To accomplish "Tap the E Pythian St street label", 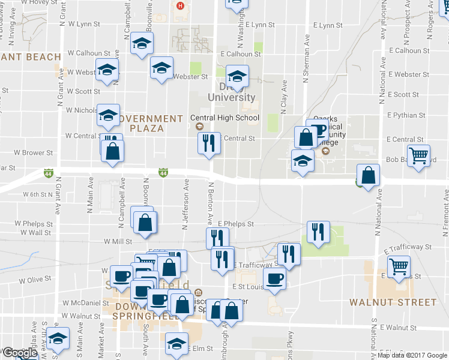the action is (406, 115).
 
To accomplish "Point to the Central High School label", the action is (224, 118).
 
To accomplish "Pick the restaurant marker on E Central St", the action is (209, 143).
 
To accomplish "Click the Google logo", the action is (19, 353).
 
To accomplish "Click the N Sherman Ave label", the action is (306, 66).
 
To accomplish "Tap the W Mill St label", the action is (118, 241).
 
